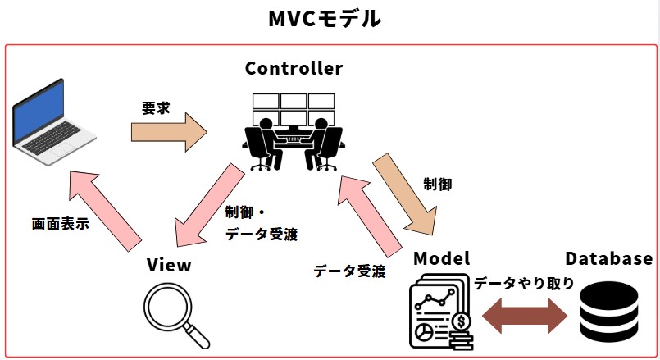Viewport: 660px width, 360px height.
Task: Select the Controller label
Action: (x=294, y=68)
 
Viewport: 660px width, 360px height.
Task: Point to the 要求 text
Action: (x=155, y=107)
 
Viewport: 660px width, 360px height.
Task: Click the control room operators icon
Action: (x=293, y=131)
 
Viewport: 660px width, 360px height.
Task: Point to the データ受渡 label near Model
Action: (x=349, y=271)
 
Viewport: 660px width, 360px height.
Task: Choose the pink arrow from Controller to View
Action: (x=205, y=205)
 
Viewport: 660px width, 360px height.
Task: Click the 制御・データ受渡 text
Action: (x=260, y=222)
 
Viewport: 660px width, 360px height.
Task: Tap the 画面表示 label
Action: (x=60, y=223)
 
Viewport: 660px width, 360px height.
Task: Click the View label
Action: (x=169, y=265)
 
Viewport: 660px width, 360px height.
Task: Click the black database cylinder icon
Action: (x=608, y=314)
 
